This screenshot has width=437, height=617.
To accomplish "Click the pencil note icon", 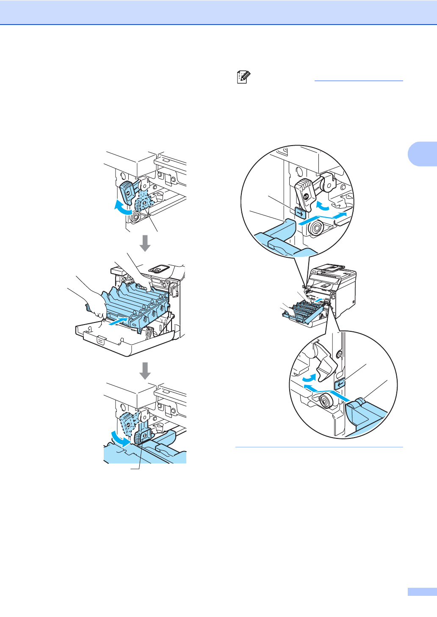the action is pos(243,77).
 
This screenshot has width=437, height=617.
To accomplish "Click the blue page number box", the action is pos(422,592).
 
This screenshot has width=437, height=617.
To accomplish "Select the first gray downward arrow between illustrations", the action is pos(145,243).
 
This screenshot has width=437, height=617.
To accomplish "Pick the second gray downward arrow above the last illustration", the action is pos(145,370).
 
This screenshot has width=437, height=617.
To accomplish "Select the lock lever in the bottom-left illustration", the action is pos(142,436).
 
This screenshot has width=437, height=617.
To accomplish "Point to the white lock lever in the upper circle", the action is pos(305,190).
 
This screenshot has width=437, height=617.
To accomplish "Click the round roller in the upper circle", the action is pos(315,229).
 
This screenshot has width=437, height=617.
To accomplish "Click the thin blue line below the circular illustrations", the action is pos(319,447).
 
